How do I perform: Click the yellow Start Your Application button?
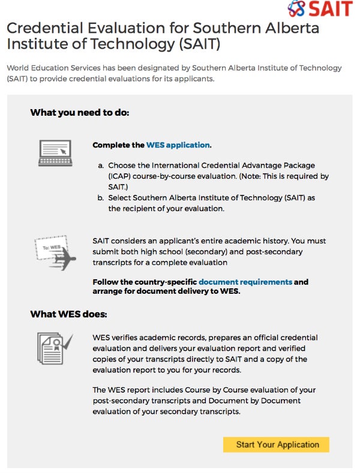[x=277, y=444]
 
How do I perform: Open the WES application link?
[x=178, y=145]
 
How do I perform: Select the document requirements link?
[x=245, y=282]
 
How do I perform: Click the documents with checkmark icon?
[x=54, y=348]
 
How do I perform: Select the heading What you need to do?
[x=79, y=112]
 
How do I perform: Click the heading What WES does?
[x=68, y=314]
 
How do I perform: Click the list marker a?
[x=101, y=165]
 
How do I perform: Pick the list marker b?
[x=101, y=198]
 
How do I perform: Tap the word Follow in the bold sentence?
[x=106, y=282]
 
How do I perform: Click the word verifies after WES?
[x=129, y=338]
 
